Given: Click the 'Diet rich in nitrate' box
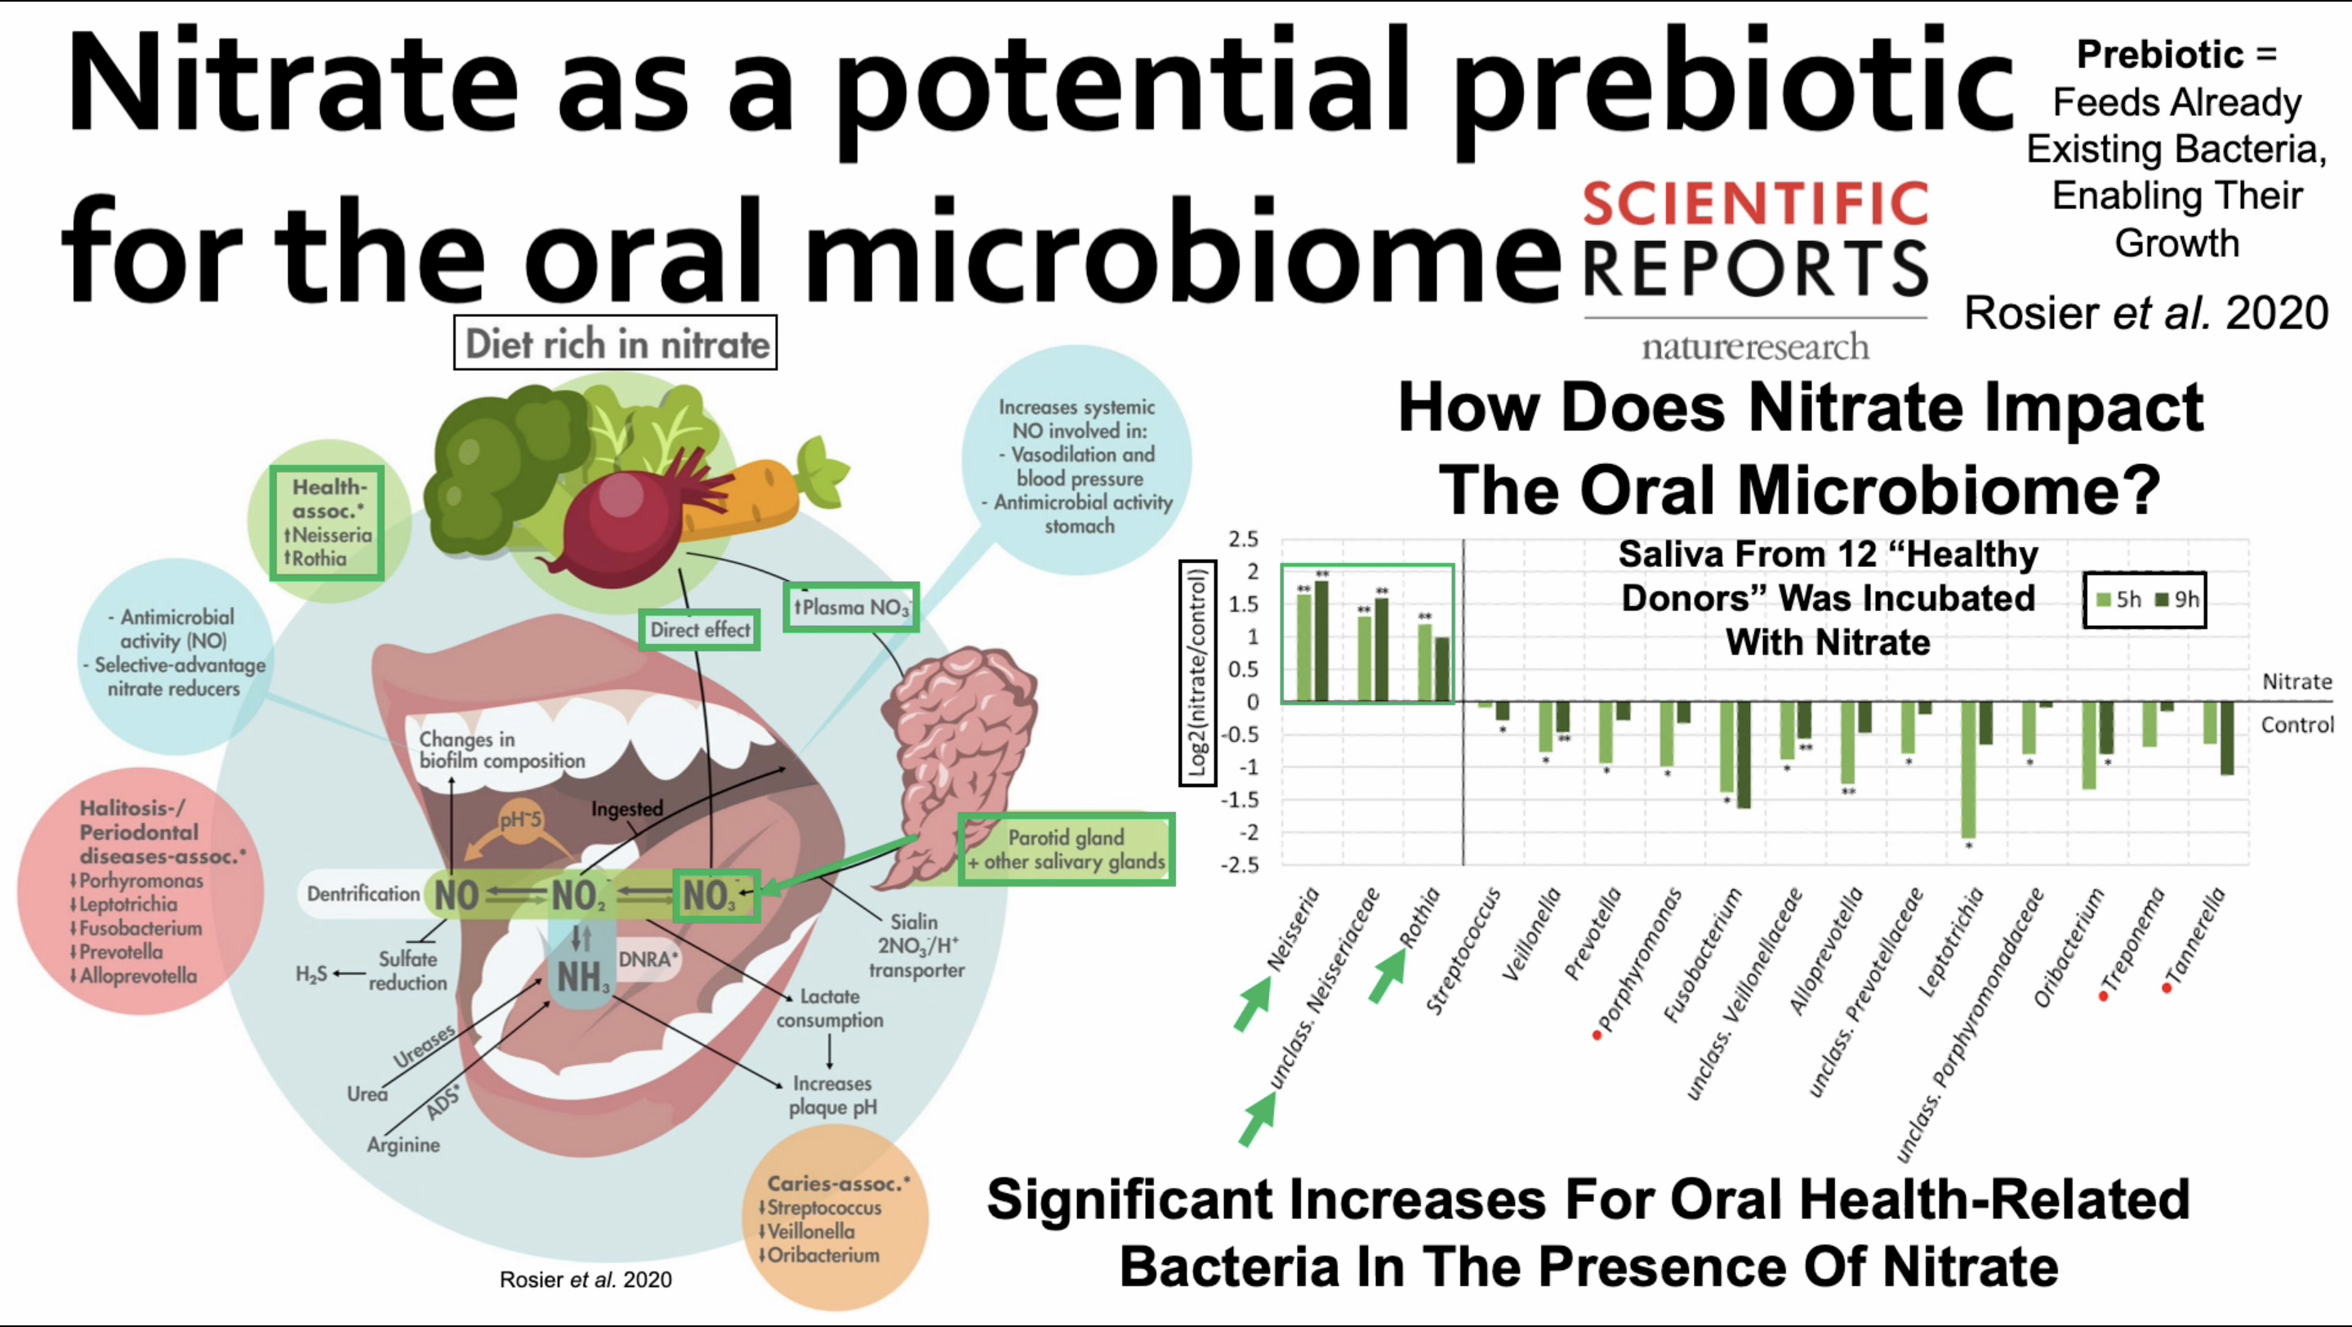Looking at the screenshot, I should coord(616,343).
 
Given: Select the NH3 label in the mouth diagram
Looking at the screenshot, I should coord(581,978).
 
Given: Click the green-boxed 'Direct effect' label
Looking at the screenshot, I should coord(699,630).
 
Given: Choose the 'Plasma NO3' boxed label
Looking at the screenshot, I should coord(851,607).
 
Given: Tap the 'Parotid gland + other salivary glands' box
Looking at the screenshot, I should coord(1066,849).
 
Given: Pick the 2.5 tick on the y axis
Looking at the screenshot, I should coord(1244,538).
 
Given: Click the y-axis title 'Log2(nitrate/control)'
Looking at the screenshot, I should coord(1198,673).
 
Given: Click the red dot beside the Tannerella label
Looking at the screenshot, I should coord(2167,988).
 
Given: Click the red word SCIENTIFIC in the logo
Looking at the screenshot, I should coord(1755,203).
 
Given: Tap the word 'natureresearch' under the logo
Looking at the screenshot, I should coord(1755,347).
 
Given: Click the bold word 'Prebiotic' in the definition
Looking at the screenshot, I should coord(2159,55).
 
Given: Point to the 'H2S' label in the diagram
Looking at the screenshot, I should coord(311,975).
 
